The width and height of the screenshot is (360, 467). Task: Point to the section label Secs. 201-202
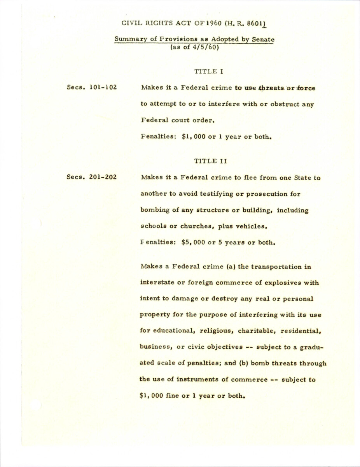92,178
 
